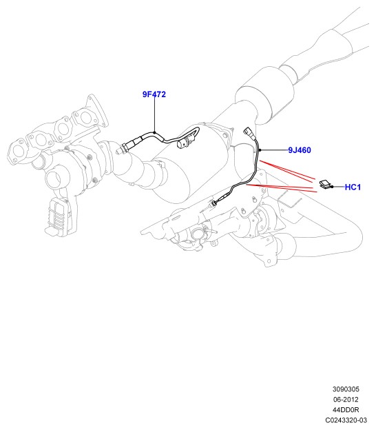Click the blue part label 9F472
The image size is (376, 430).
pyautogui.click(x=154, y=94)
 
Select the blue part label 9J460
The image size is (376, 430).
pyautogui.click(x=300, y=150)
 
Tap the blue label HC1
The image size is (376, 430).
pyautogui.click(x=353, y=187)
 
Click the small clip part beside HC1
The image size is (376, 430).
pyautogui.click(x=325, y=184)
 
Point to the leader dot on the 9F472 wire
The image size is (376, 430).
pyautogui.click(x=154, y=133)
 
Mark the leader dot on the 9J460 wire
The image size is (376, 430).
pyautogui.click(x=260, y=150)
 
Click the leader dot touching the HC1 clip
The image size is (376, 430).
pyautogui.click(x=332, y=187)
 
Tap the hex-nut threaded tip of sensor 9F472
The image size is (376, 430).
pyautogui.click(x=123, y=148)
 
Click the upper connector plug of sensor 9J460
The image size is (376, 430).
pyautogui.click(x=248, y=131)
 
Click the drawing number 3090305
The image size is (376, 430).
pyautogui.click(x=346, y=389)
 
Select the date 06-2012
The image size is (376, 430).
pyautogui.click(x=346, y=400)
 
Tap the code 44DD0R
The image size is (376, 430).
pyautogui.click(x=346, y=410)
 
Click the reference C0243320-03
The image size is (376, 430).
pyautogui.click(x=346, y=420)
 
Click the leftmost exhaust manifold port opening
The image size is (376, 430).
pyautogui.click(x=19, y=152)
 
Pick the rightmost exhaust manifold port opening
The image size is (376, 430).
pyautogui.click(x=85, y=117)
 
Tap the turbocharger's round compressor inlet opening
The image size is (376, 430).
pyautogui.click(x=54, y=180)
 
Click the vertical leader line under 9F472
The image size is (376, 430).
pyautogui.click(x=154, y=114)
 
